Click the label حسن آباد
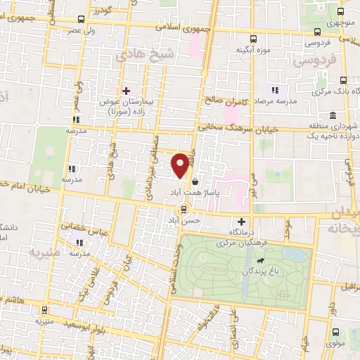[x=188, y=220]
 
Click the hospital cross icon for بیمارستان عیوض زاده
[x=126, y=90]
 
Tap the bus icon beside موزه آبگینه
[x=254, y=39]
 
